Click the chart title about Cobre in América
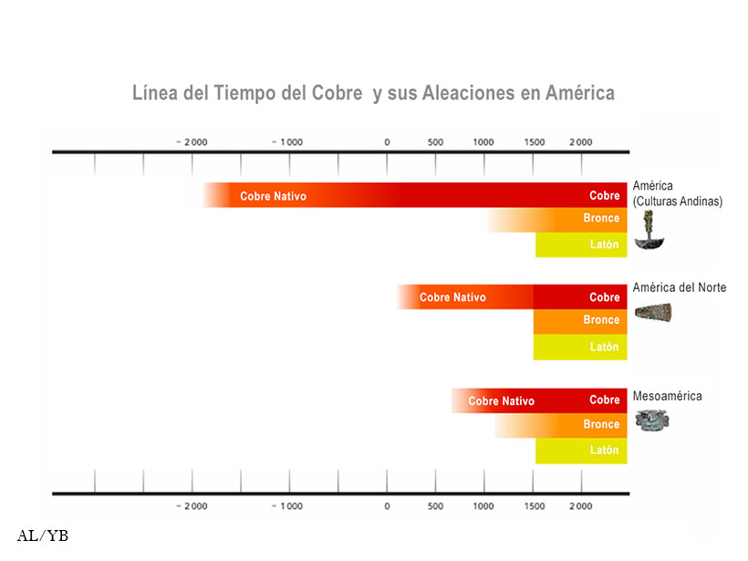[x=373, y=93]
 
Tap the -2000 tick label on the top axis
[x=192, y=142]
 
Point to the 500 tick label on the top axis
[x=435, y=142]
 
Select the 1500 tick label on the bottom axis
[x=535, y=506]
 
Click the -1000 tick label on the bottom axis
[x=289, y=506]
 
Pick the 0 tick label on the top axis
[x=387, y=142]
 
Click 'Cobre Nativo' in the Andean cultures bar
[x=273, y=196]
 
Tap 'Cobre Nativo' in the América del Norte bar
[x=452, y=297]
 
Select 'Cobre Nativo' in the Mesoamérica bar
[x=501, y=401]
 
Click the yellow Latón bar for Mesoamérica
[x=581, y=451]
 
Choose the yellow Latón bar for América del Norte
[x=580, y=348]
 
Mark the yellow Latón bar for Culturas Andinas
[x=581, y=244]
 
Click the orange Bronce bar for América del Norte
[x=580, y=321]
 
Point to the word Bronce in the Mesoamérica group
[x=601, y=425]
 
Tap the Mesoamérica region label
[x=668, y=397]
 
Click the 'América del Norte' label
[x=680, y=288]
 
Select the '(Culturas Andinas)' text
[x=677, y=202]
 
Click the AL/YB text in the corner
[x=43, y=536]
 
